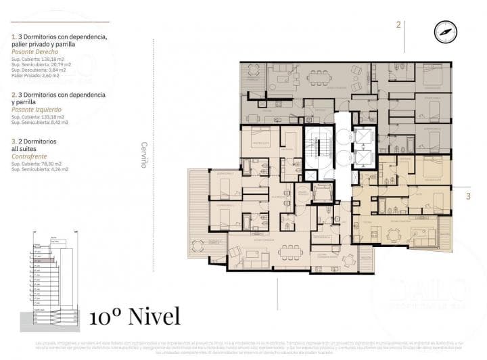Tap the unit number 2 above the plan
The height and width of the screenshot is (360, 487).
click(398, 25)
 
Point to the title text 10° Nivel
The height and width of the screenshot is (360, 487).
click(135, 316)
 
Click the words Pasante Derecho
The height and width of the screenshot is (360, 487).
click(34, 52)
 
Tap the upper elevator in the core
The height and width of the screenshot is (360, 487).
click(363, 139)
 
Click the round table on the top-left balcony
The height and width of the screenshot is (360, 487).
click(254, 70)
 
